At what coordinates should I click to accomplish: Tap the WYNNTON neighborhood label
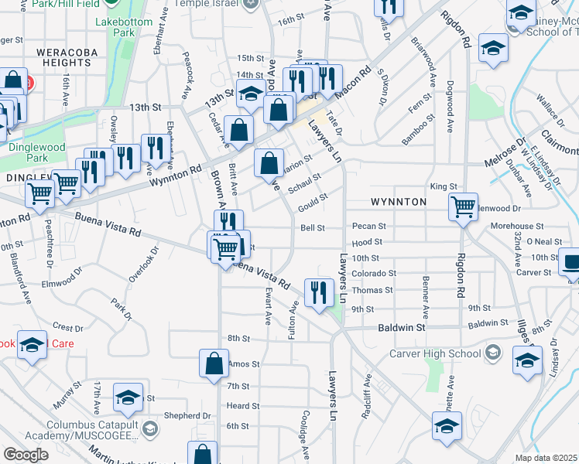(399, 202)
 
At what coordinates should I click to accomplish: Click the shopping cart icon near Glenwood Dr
(463, 206)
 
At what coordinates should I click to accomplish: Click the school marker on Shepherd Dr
(128, 397)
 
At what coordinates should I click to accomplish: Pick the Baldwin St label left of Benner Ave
(403, 328)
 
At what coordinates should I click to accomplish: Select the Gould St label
(313, 198)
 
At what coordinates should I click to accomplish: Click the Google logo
(26, 455)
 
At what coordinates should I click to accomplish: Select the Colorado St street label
(374, 274)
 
